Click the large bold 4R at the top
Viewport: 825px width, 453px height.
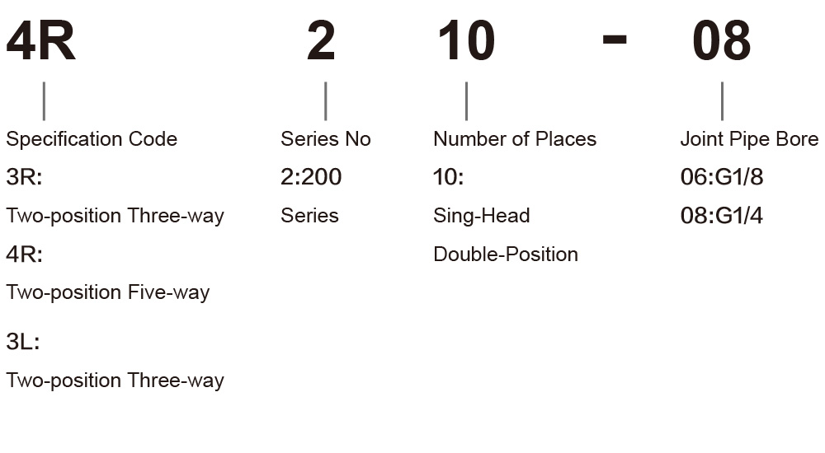pyautogui.click(x=41, y=41)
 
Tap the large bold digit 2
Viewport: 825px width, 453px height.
pyautogui.click(x=321, y=41)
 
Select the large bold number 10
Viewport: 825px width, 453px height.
pyautogui.click(x=467, y=41)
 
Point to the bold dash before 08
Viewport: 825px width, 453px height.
pyautogui.click(x=615, y=39)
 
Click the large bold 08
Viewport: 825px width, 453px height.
pyautogui.click(x=721, y=41)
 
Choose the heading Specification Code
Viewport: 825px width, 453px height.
pyautogui.click(x=92, y=139)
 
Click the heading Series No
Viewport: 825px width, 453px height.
pyautogui.click(x=326, y=139)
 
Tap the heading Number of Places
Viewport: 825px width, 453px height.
pyautogui.click(x=515, y=139)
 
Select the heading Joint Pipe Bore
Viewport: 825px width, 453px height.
pyautogui.click(x=749, y=139)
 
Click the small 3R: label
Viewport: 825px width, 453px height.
pyautogui.click(x=24, y=177)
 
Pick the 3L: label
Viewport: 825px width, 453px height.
pyautogui.click(x=22, y=342)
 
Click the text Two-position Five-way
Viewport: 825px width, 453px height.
pyautogui.click(x=108, y=292)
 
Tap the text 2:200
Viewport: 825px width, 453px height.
pyautogui.click(x=311, y=177)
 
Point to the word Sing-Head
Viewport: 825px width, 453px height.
pyautogui.click(x=482, y=216)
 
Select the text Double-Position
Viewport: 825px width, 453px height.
pyautogui.click(x=506, y=255)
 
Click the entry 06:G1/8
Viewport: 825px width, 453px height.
pyautogui.click(x=721, y=177)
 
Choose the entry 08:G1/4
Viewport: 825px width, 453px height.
pyautogui.click(x=721, y=216)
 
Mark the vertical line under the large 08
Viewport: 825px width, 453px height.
pyautogui.click(x=722, y=101)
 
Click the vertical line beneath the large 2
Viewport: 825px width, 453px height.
pyautogui.click(x=326, y=101)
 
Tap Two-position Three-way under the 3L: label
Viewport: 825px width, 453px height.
pyautogui.click(x=115, y=381)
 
